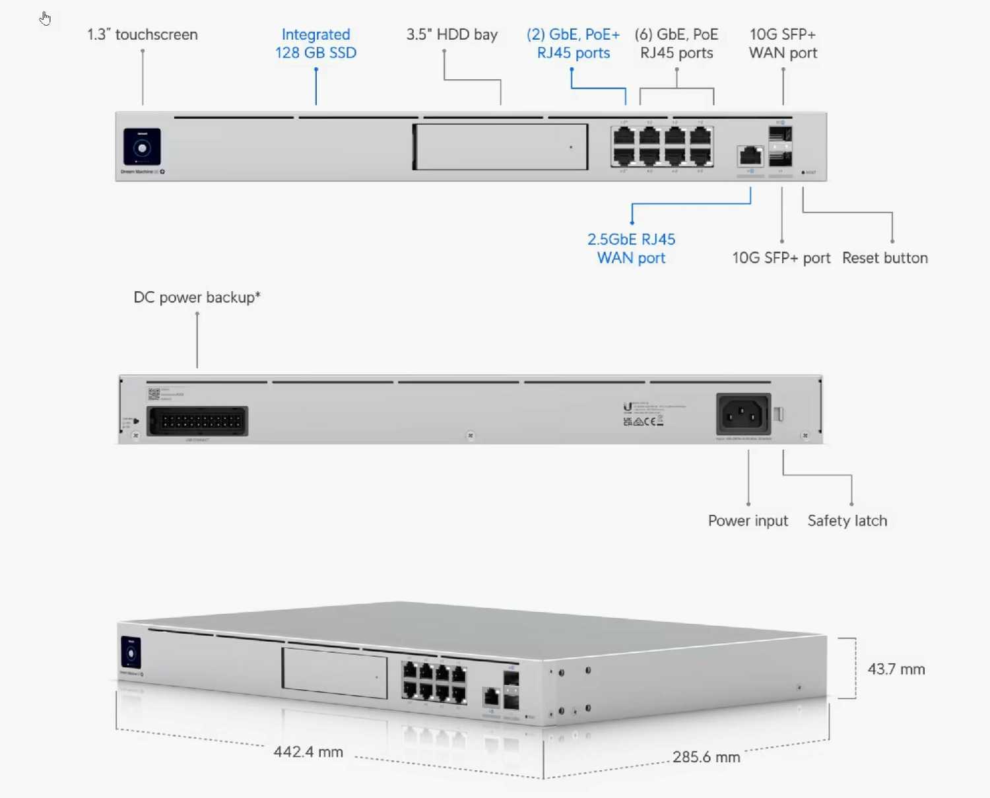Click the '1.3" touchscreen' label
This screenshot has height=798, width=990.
(x=143, y=35)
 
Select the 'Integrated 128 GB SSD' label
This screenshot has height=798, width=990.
(x=315, y=44)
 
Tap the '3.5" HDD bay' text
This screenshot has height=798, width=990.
(x=451, y=35)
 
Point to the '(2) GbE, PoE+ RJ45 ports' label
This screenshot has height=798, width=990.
(x=573, y=44)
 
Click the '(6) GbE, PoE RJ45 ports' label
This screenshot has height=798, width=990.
(x=676, y=44)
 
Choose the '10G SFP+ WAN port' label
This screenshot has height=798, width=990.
(x=783, y=44)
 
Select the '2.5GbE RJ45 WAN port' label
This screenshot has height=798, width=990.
(x=631, y=248)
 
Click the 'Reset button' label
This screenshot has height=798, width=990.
(x=884, y=258)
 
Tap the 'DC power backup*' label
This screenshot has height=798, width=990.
(x=197, y=298)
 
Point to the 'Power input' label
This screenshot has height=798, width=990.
(x=748, y=521)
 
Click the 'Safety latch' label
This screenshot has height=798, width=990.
(x=847, y=521)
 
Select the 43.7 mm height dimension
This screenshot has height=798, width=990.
(x=896, y=669)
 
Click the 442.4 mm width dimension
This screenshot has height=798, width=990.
(x=308, y=752)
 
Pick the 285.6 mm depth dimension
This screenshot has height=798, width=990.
(x=706, y=757)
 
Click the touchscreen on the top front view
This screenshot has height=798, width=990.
(x=142, y=147)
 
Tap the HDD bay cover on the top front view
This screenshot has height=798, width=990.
(x=500, y=147)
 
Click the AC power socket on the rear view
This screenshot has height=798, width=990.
(x=743, y=414)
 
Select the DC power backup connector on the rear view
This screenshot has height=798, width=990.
(x=197, y=421)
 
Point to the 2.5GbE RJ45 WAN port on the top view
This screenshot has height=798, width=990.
(x=750, y=156)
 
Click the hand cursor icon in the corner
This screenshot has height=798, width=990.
(x=45, y=18)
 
